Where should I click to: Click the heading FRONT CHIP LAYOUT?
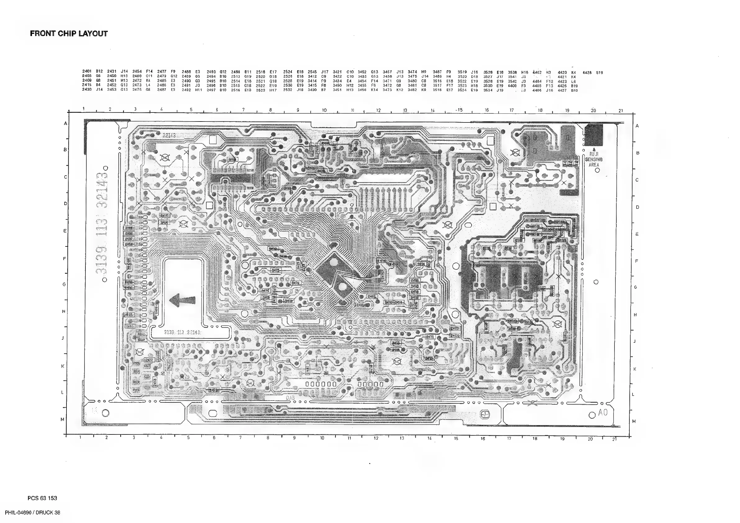tap(69, 34)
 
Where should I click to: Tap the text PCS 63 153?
tap(42, 498)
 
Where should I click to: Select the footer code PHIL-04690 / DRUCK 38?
tap(33, 513)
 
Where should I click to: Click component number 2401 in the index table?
tap(87, 71)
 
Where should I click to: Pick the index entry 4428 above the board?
tap(587, 73)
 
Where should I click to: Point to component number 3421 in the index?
tap(337, 72)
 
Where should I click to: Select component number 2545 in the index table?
tap(312, 72)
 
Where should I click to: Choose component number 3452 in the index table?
tap(362, 72)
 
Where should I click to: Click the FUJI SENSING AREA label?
tap(594, 159)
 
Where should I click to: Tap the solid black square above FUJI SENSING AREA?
tap(593, 135)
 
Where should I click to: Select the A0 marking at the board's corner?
tap(603, 412)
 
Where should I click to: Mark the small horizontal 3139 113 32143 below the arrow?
tap(182, 332)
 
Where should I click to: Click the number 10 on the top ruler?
tap(324, 110)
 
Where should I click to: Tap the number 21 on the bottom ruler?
tap(614, 439)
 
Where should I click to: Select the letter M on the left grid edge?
tap(63, 420)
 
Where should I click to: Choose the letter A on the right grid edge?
tap(637, 126)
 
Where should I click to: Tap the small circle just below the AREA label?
tap(597, 171)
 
